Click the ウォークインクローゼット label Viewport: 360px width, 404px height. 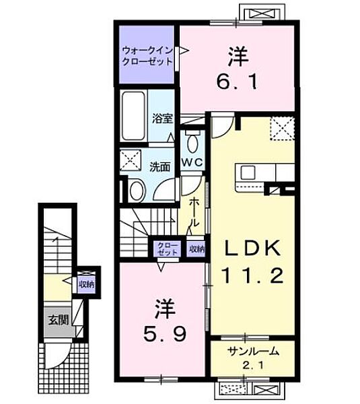146,55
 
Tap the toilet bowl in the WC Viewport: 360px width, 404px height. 192,143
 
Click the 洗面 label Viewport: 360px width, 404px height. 159,165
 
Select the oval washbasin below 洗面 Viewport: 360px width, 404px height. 137,191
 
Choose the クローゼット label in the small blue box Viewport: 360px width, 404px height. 166,248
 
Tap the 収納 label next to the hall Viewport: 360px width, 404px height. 196,248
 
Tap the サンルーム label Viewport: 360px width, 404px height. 252,351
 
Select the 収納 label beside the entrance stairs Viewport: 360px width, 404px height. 85,284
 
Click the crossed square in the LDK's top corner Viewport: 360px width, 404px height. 282,127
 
